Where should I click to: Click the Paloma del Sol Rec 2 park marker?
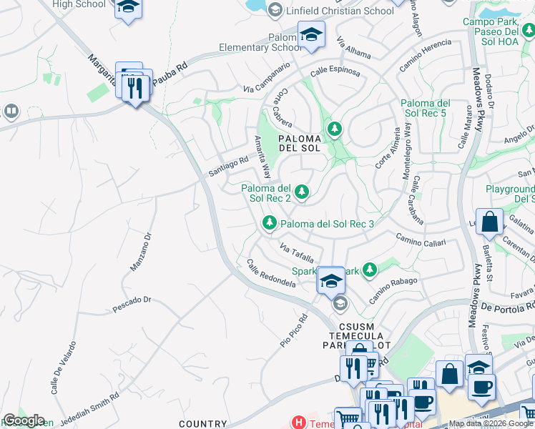302,191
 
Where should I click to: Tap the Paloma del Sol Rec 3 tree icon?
270,224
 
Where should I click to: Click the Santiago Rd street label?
227,167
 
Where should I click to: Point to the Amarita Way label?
262,156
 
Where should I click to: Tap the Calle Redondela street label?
271,274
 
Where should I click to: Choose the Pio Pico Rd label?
294,332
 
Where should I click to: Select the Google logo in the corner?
24,420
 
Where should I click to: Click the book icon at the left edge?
11,112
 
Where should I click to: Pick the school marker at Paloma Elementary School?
312,34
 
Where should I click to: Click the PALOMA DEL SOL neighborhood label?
298,142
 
